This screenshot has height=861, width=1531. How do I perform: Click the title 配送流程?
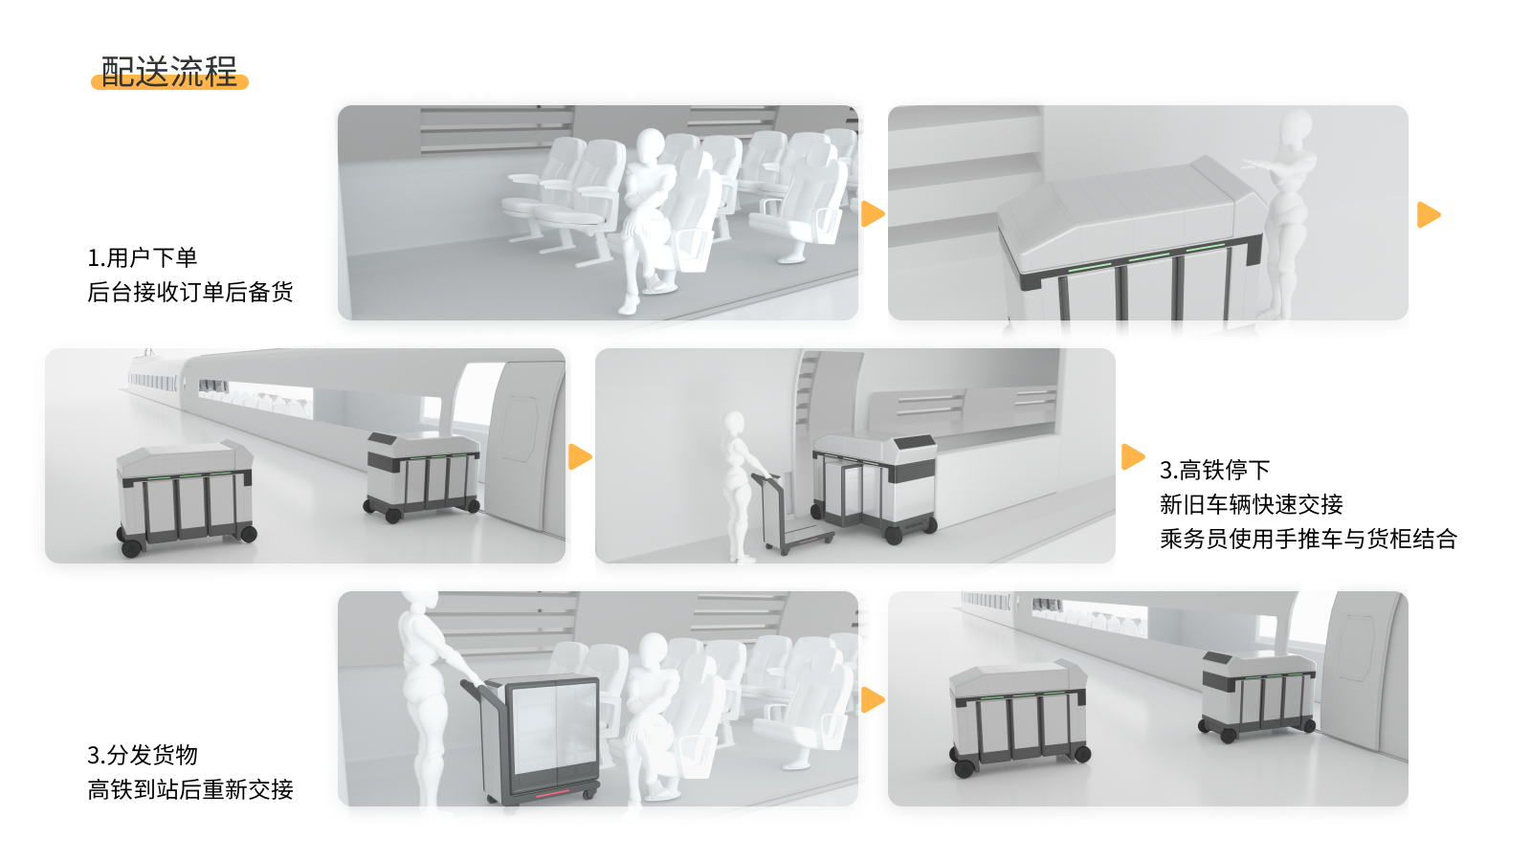tap(169, 72)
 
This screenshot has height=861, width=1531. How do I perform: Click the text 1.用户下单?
tap(142, 257)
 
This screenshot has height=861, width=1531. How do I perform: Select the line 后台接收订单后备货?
tap(189, 292)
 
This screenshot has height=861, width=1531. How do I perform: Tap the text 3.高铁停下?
tap(1214, 470)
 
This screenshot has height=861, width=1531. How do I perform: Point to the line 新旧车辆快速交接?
tap(1251, 504)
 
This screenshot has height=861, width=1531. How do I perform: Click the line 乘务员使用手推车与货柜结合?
tap(1307, 539)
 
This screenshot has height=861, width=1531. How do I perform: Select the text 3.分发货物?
tap(142, 755)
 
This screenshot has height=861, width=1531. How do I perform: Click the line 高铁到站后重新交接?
tap(189, 789)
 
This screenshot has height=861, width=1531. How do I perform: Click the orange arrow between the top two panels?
tap(872, 213)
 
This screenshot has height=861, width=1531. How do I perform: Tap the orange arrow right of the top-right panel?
tap(1428, 214)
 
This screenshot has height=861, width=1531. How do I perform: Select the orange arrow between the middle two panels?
tap(579, 456)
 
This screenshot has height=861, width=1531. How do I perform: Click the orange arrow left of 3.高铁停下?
tap(1132, 456)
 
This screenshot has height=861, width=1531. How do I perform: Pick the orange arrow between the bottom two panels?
tap(872, 699)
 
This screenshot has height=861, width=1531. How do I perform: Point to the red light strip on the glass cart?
tap(556, 794)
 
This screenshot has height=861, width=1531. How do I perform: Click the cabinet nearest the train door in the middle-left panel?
tap(422, 475)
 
